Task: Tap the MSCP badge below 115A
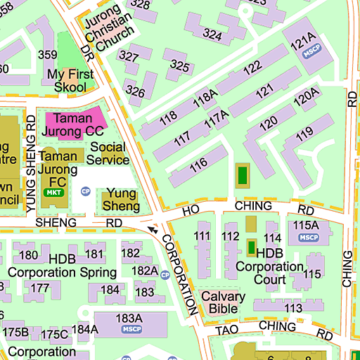click(x=309, y=237)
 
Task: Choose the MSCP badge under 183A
click(x=131, y=329)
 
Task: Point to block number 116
click(x=198, y=164)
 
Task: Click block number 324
click(x=212, y=33)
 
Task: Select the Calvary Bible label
click(x=223, y=302)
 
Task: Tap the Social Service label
click(x=108, y=154)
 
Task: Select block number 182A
click(x=145, y=271)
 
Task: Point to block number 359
click(x=48, y=55)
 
